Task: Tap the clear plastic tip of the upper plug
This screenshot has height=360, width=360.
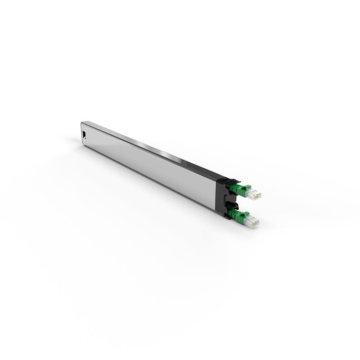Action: coord(254,194)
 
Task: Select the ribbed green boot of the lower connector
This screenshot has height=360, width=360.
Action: coord(233,215)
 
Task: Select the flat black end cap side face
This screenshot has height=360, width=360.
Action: coord(220,197)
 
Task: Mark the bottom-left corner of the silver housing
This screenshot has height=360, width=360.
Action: coord(82,145)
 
